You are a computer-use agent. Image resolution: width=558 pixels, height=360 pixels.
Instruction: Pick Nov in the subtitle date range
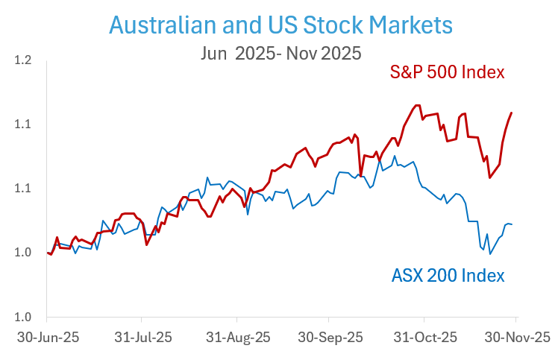[x=308, y=53]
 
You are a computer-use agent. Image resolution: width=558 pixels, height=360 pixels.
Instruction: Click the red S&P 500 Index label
[x=448, y=73]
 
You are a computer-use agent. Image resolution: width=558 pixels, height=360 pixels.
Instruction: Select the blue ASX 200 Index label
[x=448, y=275]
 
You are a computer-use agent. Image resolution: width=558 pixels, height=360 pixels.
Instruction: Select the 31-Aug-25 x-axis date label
[x=238, y=337]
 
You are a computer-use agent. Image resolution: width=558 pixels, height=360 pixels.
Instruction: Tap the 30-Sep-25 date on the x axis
[x=331, y=337]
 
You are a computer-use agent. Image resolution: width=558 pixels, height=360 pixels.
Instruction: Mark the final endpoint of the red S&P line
[x=512, y=113]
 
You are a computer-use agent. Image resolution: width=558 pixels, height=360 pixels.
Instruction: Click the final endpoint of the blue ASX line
[x=512, y=224]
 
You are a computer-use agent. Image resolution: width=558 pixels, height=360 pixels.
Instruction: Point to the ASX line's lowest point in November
[x=490, y=254]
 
